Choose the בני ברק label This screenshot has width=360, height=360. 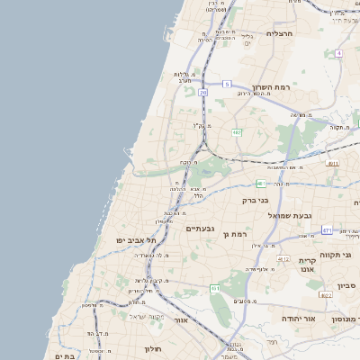256,200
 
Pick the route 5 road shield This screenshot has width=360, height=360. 227,84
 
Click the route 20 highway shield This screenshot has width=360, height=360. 204,92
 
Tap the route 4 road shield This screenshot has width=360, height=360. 339,53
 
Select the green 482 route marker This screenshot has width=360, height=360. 237,132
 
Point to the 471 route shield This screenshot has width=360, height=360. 327,230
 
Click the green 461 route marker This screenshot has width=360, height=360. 215,288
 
